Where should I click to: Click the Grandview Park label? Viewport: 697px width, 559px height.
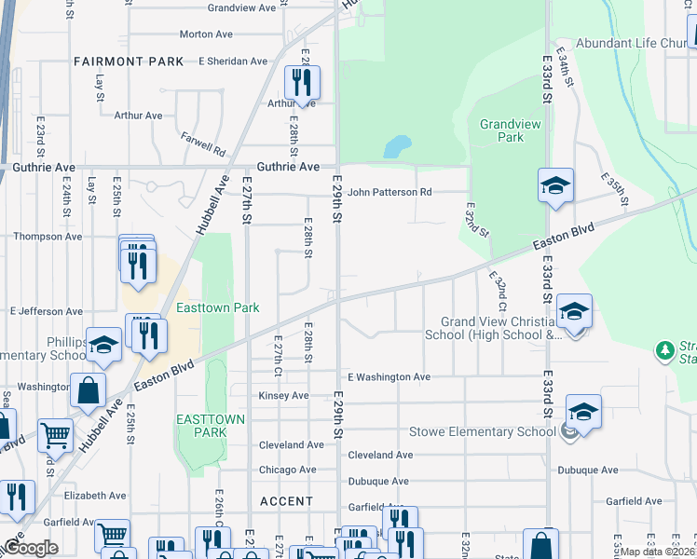502,130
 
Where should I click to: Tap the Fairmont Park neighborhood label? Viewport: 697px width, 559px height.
129,61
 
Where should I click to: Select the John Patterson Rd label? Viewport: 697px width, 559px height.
389,192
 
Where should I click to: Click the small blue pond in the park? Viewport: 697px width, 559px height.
397,146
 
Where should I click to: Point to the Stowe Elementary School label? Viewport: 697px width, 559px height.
483,432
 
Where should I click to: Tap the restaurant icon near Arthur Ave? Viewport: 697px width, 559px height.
301,84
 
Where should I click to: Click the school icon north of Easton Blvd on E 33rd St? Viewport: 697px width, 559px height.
554,186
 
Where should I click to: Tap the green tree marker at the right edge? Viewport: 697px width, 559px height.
664,350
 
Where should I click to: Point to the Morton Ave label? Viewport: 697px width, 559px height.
206,34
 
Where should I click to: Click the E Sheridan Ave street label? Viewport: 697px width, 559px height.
233,61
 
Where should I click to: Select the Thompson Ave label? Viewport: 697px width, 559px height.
48,237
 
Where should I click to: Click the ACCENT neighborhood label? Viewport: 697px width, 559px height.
287,501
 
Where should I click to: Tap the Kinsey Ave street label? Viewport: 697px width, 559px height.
283,396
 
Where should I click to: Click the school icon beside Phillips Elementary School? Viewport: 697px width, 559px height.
103,345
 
